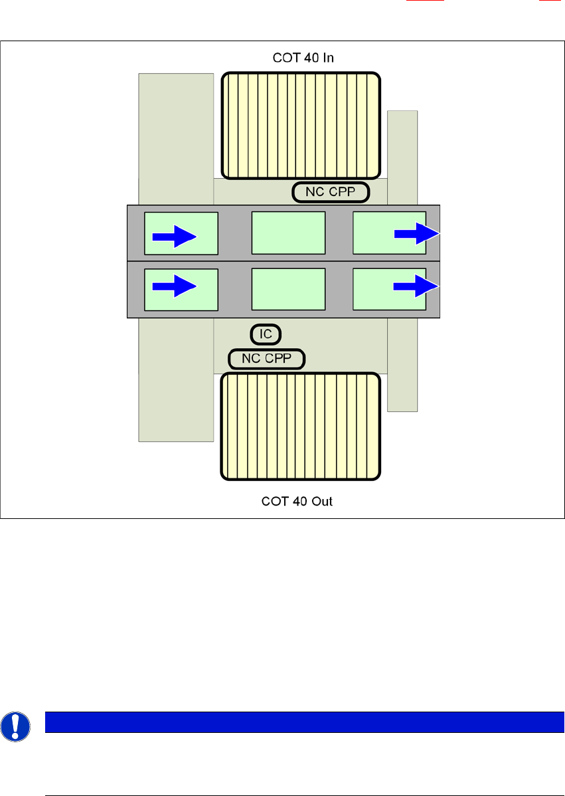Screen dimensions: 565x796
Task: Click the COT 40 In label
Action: [x=303, y=58]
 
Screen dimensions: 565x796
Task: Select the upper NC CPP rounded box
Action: [x=331, y=193]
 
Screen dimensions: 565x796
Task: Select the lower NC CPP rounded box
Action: [x=266, y=359]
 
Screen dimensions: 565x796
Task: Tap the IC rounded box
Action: [x=266, y=334]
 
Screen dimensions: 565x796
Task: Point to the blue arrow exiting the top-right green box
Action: [x=416, y=234]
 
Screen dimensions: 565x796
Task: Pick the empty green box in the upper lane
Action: [x=288, y=233]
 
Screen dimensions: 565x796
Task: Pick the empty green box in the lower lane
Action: [x=288, y=289]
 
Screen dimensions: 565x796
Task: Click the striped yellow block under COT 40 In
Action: [x=301, y=125]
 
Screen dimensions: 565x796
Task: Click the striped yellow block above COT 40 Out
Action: [x=301, y=426]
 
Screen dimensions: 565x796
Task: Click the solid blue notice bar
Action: [x=299, y=722]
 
